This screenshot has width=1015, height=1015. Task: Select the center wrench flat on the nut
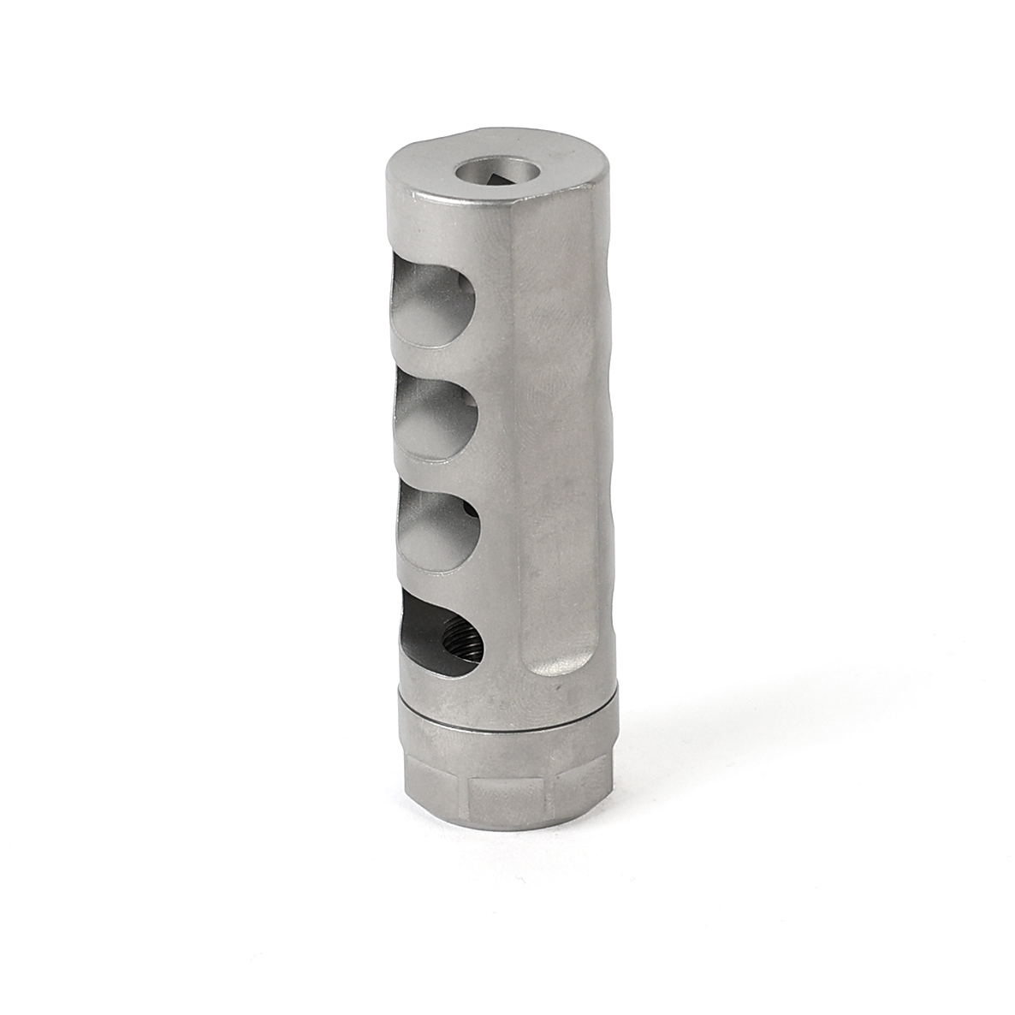point(508,792)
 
